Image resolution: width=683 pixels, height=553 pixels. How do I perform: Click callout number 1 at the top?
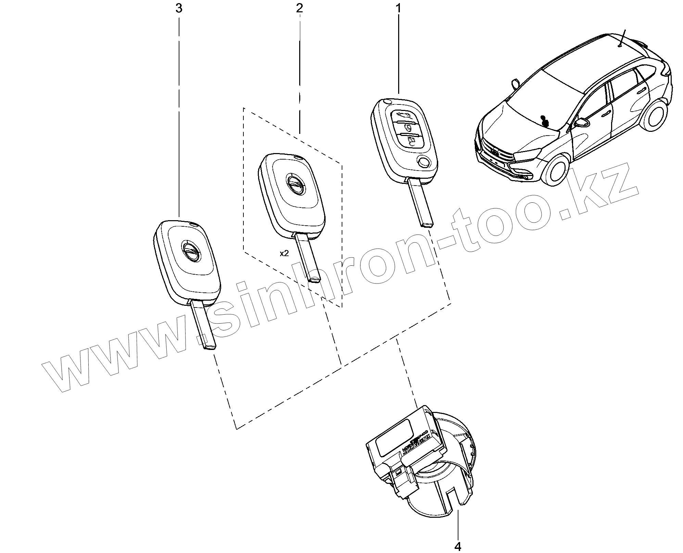click(398, 8)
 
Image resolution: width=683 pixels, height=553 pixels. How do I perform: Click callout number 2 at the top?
click(300, 8)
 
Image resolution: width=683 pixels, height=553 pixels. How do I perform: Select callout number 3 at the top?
click(179, 8)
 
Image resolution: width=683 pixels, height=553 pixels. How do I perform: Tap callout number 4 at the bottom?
click(458, 547)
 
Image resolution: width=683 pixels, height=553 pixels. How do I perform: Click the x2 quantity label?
click(284, 253)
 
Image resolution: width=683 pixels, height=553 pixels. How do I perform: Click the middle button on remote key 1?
click(407, 127)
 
